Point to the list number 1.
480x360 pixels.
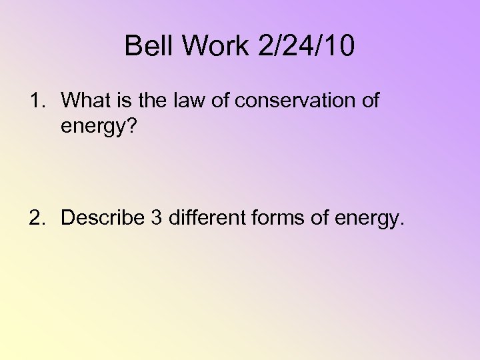pos(34,101)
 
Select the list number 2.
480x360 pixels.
pos(34,217)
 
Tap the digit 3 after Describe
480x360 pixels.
pos(156,217)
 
